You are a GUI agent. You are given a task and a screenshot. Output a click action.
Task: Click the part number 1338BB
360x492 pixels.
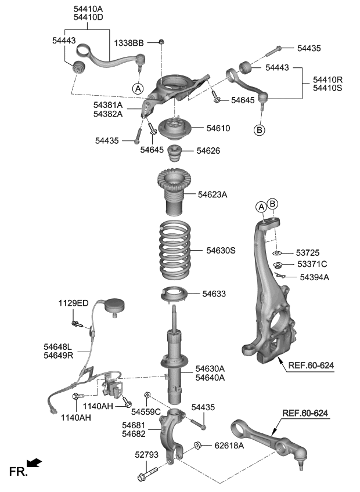point(129,44)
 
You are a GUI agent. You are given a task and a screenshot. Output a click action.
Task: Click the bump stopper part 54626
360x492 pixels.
point(174,155)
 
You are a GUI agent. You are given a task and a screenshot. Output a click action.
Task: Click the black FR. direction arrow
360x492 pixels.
point(35,462)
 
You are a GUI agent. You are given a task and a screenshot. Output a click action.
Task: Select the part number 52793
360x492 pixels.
point(146,455)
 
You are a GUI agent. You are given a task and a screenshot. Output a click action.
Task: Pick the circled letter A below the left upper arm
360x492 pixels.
point(138,89)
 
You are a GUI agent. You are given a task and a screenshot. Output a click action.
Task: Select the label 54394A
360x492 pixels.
point(315,277)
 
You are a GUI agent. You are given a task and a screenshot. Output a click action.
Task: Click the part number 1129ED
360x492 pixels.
point(73,303)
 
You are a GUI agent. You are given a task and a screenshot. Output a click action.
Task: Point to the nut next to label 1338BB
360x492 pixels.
point(161,42)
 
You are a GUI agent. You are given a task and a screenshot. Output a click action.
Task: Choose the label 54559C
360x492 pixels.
point(146,412)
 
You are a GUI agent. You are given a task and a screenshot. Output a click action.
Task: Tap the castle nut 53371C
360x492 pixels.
point(278,266)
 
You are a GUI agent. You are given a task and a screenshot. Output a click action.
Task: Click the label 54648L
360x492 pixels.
point(59,346)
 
